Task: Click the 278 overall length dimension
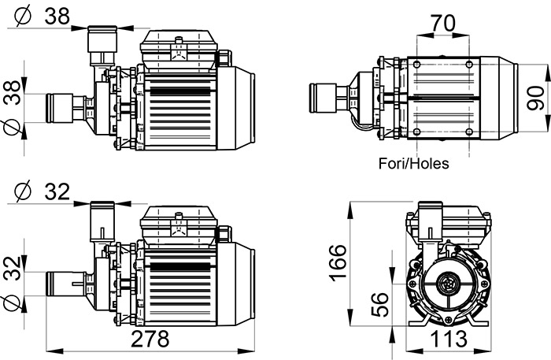click(x=150, y=340)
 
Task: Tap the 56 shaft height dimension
click(x=379, y=304)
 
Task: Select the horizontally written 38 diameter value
click(x=57, y=16)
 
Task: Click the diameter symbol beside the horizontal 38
click(x=22, y=16)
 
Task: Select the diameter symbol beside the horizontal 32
click(x=22, y=191)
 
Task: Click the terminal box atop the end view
click(x=446, y=222)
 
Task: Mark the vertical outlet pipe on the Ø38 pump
click(x=101, y=47)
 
